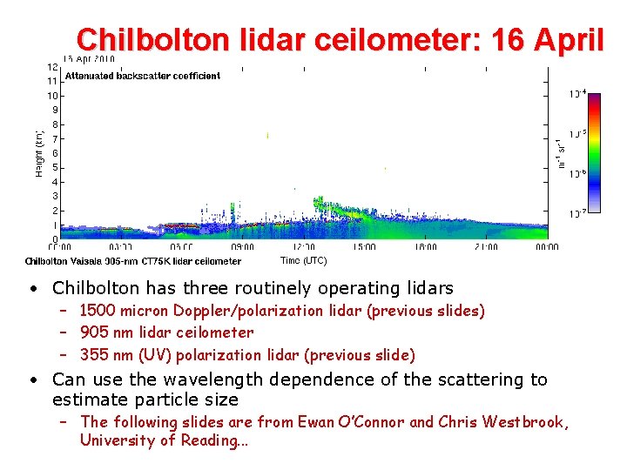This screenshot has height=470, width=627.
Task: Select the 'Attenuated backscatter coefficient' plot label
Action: click(143, 76)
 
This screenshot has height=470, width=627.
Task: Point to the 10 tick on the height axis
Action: click(53, 96)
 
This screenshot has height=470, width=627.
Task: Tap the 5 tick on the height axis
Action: click(56, 167)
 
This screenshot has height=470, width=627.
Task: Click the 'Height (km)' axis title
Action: click(38, 152)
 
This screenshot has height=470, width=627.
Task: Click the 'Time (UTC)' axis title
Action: click(303, 260)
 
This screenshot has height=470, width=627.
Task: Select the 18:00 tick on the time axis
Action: click(427, 247)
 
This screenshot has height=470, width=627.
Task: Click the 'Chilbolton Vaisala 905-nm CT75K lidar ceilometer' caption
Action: click(132, 261)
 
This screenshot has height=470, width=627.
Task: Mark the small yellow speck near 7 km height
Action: click(267, 135)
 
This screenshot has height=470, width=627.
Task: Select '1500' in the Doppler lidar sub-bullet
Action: click(98, 311)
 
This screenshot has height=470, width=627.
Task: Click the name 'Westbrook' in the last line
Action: click(524, 422)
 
